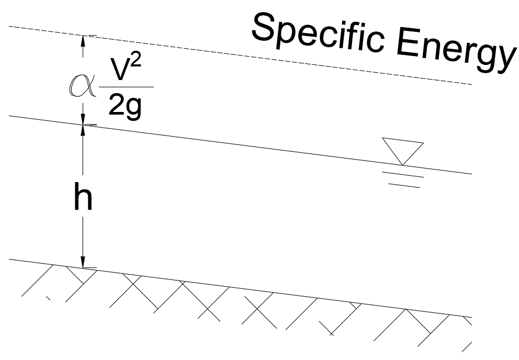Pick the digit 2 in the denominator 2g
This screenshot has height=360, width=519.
coord(116,107)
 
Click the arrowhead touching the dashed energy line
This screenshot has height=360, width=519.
coord(82,40)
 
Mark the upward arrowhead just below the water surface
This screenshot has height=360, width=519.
coord(82,129)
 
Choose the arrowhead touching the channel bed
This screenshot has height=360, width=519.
coord(82,263)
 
